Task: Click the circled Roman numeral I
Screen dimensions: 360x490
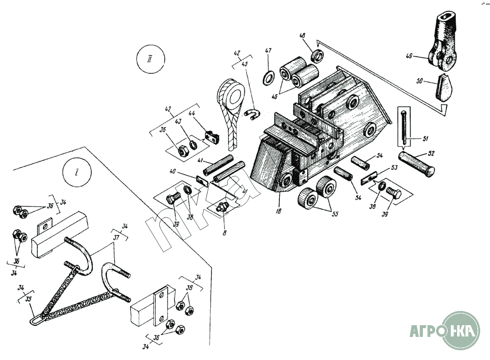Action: [x=77, y=173]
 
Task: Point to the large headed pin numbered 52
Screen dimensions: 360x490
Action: [x=416, y=163]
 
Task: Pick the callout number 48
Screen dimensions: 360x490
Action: [x=302, y=36]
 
